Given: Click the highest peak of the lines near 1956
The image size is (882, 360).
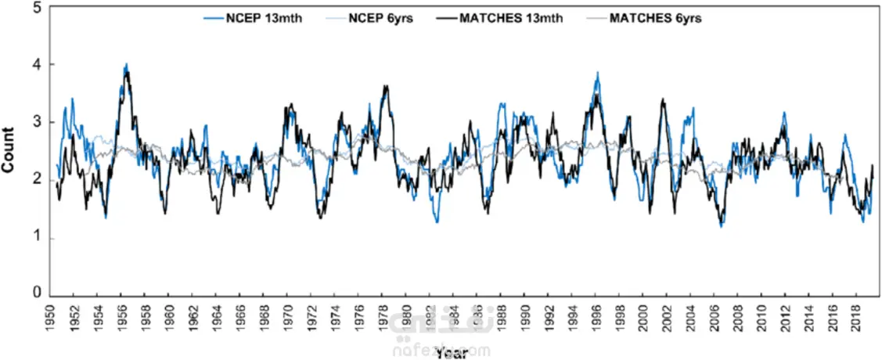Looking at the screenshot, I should (127, 65).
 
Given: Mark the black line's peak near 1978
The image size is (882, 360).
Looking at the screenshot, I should (385, 86).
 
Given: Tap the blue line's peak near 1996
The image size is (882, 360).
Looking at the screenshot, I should (598, 73).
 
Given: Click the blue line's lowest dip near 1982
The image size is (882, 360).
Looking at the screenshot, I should (437, 222).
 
